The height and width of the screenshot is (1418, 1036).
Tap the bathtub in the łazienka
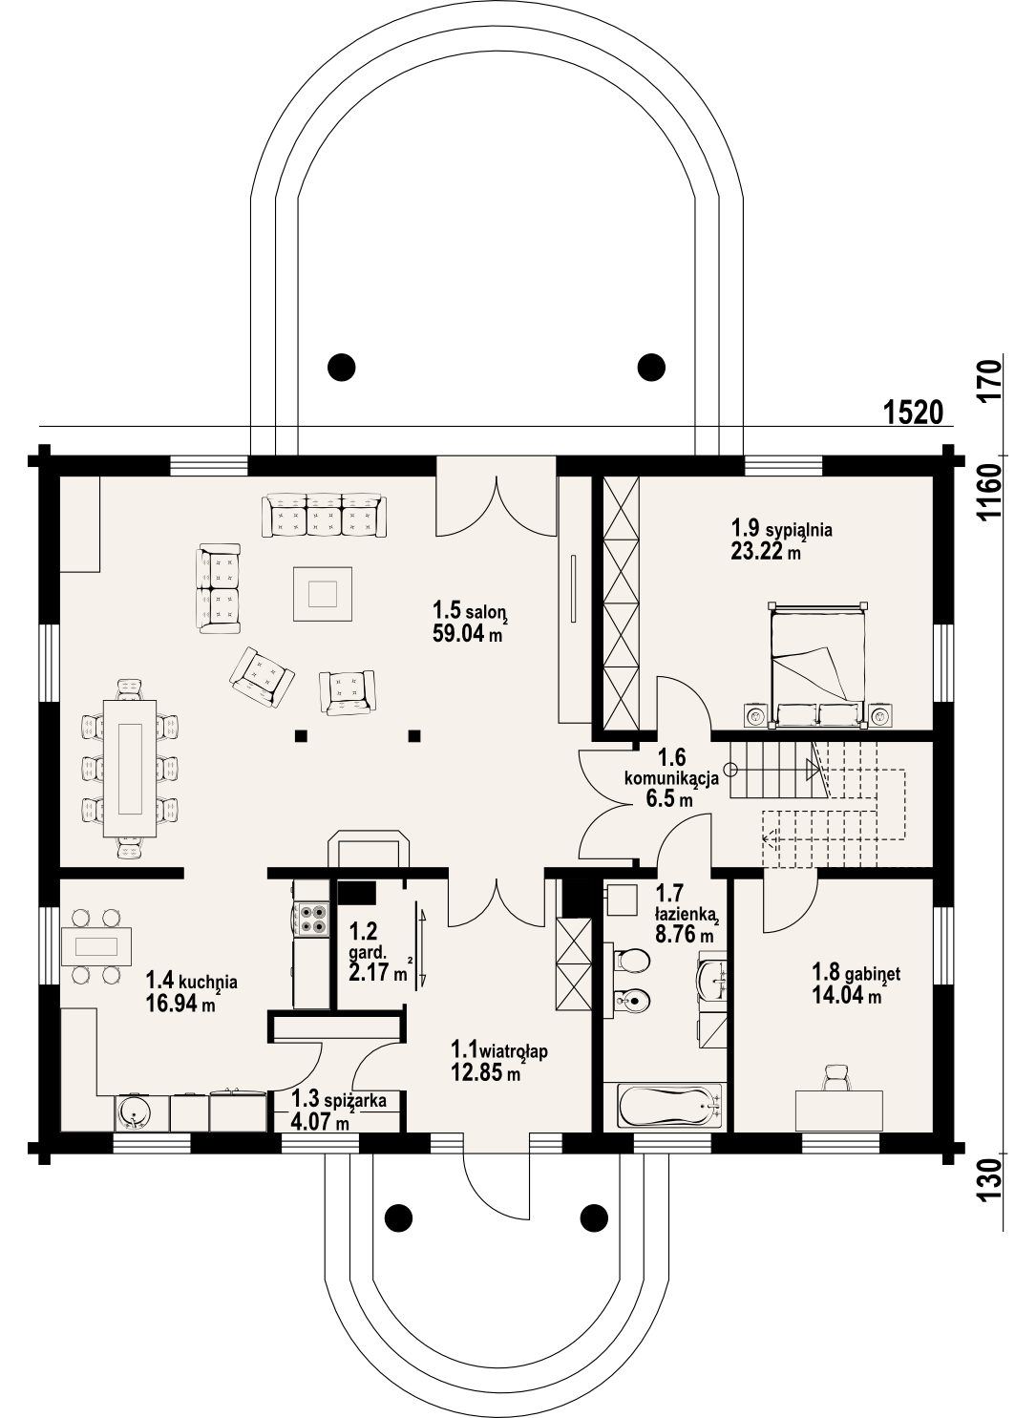point(666,1107)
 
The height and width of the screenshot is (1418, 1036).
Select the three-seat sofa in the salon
point(325,516)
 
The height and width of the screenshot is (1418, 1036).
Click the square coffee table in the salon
point(323,594)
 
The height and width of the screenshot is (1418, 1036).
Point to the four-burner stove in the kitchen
point(310,918)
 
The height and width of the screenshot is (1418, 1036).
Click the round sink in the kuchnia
point(133,1111)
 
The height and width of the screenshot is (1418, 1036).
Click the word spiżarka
point(355,1101)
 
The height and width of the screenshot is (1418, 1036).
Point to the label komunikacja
point(671,778)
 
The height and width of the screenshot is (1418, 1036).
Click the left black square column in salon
point(301,735)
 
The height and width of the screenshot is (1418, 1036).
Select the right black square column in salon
point(414,735)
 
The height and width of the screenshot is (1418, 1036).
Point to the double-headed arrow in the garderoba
point(421,945)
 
